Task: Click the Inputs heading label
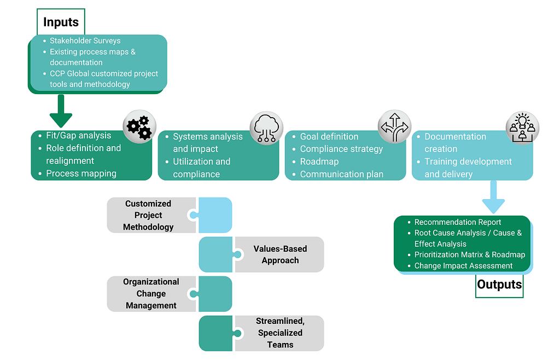(x=61, y=22)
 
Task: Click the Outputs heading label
(x=499, y=284)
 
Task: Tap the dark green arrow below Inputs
(x=61, y=112)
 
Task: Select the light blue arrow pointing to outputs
(x=493, y=197)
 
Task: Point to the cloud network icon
(x=266, y=129)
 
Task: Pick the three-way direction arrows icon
(x=394, y=127)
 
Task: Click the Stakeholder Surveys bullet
(x=85, y=40)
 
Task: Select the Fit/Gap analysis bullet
(x=78, y=135)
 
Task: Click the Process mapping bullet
(x=81, y=173)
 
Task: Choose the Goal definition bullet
(x=329, y=136)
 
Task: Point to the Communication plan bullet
(x=341, y=175)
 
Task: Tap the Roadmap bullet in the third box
(x=319, y=161)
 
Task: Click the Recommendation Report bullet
(x=458, y=222)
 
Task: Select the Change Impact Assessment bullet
(x=463, y=266)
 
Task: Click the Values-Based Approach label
(x=280, y=254)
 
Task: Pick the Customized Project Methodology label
(x=148, y=215)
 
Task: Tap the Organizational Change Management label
(x=151, y=294)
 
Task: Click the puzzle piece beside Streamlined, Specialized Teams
(x=217, y=333)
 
